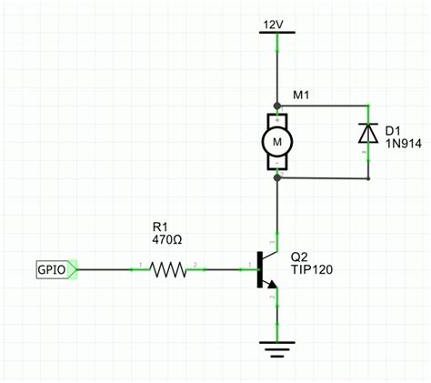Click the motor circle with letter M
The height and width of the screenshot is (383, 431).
tap(276, 142)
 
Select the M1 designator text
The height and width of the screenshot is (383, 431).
tap(302, 96)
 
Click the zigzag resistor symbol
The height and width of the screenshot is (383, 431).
tap(167, 269)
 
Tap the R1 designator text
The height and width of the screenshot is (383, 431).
tap(160, 227)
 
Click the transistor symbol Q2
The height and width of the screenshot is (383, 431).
tap(266, 269)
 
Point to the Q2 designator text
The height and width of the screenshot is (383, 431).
tap(300, 256)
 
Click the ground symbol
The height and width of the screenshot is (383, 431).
tap(276, 347)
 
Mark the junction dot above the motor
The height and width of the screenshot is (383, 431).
tap(276, 106)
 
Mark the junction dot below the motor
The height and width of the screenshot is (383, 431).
tap(276, 178)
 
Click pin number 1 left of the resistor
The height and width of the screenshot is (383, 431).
tap(140, 264)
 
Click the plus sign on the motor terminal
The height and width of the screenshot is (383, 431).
tap(276, 119)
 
